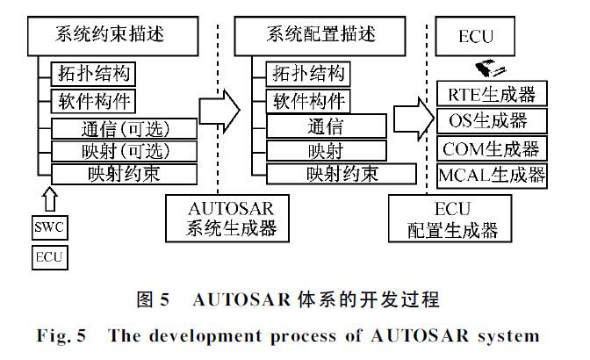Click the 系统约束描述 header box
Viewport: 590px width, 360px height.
coord(110,37)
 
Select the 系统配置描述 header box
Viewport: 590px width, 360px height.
coord(320,37)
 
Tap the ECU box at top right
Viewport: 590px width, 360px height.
coord(476,37)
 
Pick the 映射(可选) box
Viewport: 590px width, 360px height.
coord(122,150)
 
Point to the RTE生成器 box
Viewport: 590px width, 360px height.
coord(491,94)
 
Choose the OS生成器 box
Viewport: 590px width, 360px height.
coord(491,119)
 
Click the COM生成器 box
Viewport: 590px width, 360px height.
coord(491,147)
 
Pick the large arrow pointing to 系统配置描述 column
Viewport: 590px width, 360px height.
coord(219,109)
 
